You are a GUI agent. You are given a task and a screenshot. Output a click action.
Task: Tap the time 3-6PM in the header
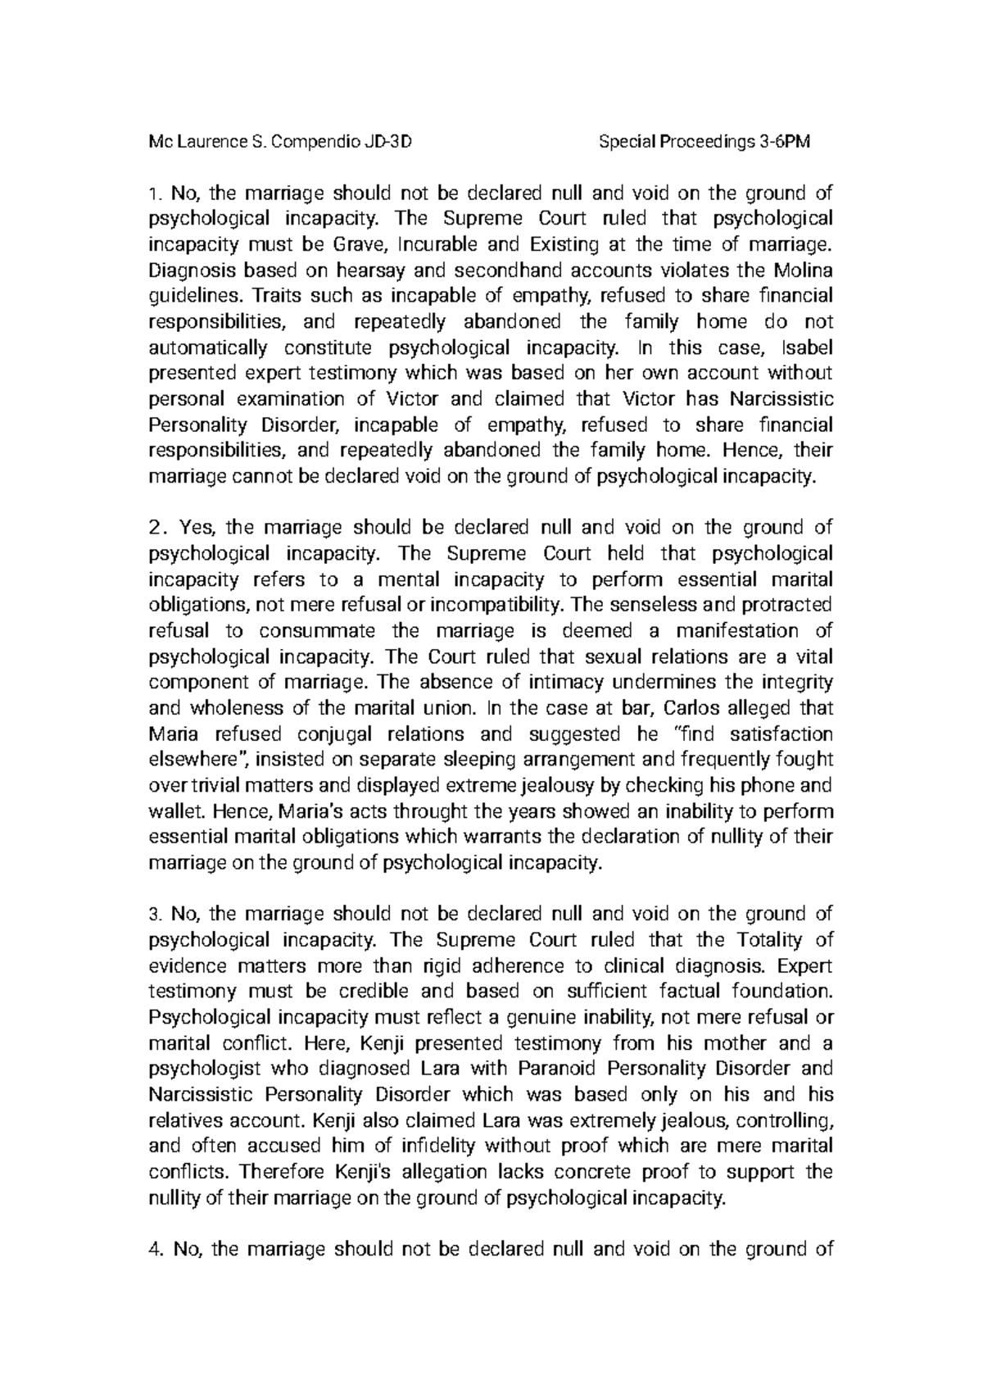tap(783, 143)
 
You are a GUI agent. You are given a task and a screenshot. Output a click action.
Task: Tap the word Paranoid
tap(548, 1069)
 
